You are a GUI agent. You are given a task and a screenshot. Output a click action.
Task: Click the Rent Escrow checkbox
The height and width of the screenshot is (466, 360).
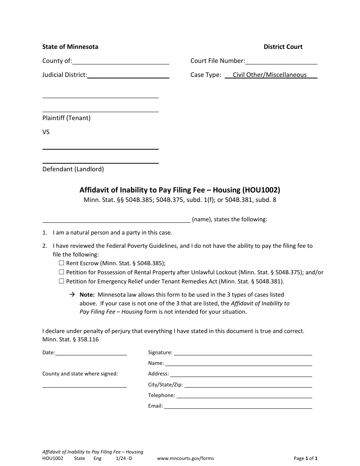coord(61,263)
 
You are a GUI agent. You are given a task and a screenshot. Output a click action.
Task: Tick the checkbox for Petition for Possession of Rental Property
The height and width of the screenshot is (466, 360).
coord(61,272)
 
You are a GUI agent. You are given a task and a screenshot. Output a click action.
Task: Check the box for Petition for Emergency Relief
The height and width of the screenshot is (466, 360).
coord(61,281)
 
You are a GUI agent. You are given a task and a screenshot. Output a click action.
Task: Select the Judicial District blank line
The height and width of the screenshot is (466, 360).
coord(128,75)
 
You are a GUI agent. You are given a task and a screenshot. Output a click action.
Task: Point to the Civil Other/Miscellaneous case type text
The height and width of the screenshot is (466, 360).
coord(269,75)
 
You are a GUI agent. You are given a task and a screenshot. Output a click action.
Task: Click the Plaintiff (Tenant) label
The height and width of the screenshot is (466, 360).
coord(66,118)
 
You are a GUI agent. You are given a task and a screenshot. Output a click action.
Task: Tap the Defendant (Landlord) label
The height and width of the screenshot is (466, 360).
coord(73,169)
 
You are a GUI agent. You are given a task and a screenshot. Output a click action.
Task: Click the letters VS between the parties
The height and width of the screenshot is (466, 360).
coord(46,132)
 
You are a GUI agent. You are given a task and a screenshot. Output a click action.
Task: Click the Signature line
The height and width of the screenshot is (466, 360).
coord(243,353)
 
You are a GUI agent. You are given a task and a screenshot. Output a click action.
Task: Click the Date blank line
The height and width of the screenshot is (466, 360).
coord(91,353)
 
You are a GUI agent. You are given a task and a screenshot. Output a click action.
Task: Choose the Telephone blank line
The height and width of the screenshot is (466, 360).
coord(244,396)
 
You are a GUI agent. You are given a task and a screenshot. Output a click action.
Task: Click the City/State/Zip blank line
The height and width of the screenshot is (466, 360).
coord(248,385)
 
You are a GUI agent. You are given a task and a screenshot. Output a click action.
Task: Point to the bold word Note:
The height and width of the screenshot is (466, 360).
coord(87,295)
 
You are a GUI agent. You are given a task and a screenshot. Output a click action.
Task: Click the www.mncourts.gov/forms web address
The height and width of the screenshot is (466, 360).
coord(185,458)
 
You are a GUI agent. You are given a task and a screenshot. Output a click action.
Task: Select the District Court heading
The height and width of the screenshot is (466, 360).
coord(283,47)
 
